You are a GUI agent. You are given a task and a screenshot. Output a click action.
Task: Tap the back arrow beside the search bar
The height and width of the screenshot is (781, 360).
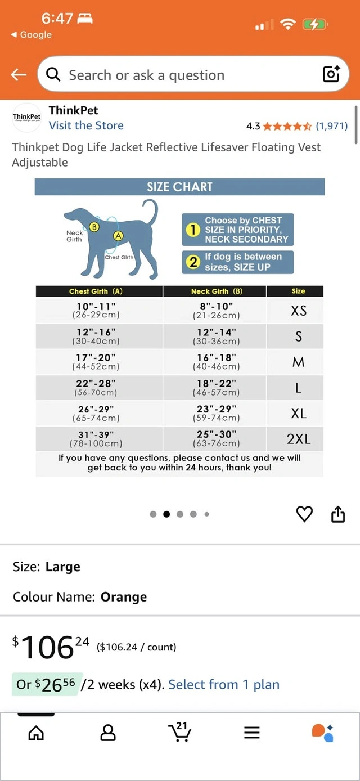coord(19,75)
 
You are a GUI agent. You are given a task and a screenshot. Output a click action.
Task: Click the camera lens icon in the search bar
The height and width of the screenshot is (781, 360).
coord(331,74)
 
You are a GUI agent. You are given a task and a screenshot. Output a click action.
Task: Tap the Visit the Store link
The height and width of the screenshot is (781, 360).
coord(86,125)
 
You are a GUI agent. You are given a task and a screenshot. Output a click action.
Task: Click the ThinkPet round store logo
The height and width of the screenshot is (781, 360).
coord(27,117)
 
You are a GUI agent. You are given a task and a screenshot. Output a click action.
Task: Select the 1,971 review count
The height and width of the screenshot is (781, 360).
coord(331,125)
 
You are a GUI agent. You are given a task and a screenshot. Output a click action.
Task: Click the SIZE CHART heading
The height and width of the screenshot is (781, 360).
coord(179,187)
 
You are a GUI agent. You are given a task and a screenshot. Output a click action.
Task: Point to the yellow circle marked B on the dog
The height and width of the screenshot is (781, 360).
coord(94,227)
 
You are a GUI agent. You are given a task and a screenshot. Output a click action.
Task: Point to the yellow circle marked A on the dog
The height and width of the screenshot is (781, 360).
coord(118,236)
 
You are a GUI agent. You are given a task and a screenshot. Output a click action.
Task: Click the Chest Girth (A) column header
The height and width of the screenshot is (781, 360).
coord(96,291)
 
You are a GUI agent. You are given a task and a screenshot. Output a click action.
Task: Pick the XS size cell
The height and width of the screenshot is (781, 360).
coord(298,311)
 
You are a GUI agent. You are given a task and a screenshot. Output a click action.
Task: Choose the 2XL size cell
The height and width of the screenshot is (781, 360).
coord(298,439)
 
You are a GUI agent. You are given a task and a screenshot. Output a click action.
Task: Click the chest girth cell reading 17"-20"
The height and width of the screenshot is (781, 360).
coord(96,361)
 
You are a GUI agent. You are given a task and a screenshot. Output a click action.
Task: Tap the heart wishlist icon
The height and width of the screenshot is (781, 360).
coord(304,514)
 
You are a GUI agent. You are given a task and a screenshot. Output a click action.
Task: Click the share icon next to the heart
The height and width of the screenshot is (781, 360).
coord(337,514)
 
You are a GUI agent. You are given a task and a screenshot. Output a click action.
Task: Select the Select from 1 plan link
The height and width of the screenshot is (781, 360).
coord(224,684)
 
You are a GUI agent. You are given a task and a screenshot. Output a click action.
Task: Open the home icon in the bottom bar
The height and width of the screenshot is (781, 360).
coord(36,732)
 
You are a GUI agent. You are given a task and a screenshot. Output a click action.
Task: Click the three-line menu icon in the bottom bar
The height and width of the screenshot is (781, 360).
coord(251,732)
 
